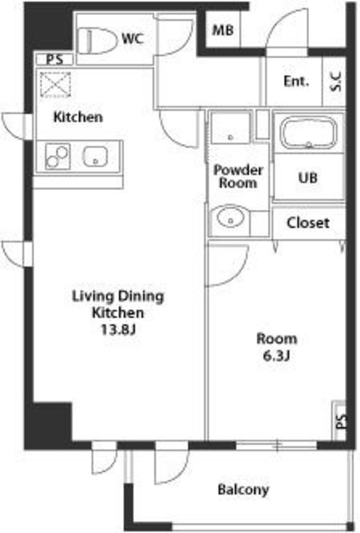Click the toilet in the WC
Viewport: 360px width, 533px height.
[97, 41]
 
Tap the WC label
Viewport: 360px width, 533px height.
[133, 39]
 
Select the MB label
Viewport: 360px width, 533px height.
[222, 30]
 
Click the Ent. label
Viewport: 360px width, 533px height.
[296, 82]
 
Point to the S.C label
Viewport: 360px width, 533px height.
[336, 82]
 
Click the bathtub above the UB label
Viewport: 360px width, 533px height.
[308, 132]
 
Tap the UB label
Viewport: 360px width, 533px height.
[308, 177]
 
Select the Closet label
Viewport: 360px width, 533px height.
[308, 223]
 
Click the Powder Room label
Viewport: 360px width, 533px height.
[237, 176]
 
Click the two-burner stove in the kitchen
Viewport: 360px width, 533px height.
[57, 157]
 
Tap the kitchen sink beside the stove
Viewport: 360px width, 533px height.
[95, 157]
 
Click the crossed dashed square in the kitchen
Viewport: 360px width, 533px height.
[56, 85]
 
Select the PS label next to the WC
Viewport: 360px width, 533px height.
[55, 59]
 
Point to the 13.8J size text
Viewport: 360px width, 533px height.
[119, 329]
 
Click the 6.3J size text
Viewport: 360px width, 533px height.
[277, 356]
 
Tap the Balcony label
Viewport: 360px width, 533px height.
[243, 490]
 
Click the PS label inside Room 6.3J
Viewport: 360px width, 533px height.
[342, 421]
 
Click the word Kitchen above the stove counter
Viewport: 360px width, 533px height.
[78, 117]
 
